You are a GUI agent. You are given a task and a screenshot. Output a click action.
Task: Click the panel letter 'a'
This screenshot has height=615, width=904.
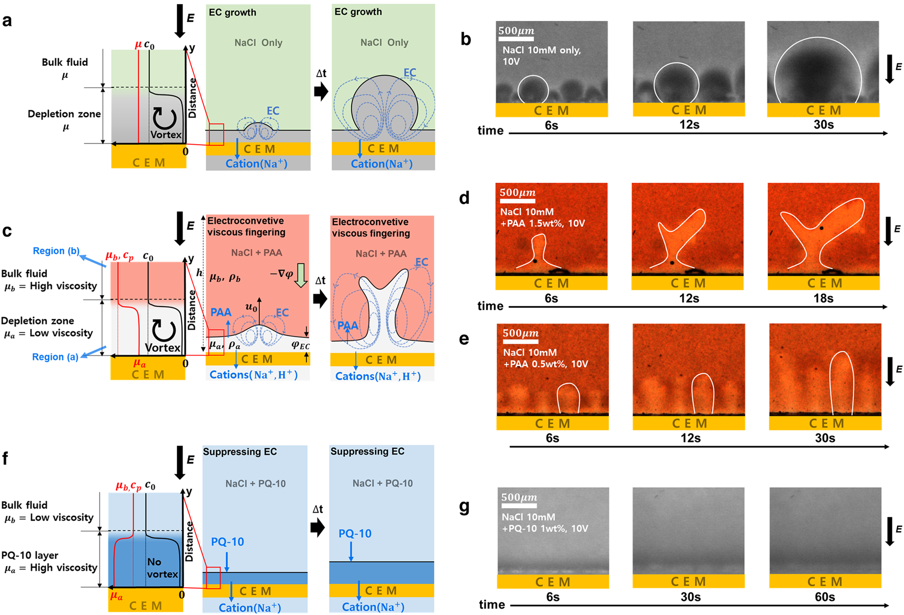click(x=7, y=21)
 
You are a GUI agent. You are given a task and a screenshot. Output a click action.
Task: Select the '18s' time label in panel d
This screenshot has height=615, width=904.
click(x=823, y=298)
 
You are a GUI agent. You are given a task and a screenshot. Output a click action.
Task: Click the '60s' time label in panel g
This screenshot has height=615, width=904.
click(x=824, y=597)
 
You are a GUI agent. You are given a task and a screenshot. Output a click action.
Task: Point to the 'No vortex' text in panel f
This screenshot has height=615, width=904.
click(x=162, y=568)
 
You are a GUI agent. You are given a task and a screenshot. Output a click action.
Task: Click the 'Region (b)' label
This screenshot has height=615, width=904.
click(x=56, y=251)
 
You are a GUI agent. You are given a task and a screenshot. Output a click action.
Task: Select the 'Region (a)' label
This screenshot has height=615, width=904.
click(x=55, y=357)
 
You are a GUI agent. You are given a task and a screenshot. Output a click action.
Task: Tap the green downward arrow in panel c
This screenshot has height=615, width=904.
click(x=301, y=274)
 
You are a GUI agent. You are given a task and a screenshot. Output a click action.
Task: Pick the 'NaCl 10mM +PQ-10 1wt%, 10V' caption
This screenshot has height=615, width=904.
click(x=545, y=523)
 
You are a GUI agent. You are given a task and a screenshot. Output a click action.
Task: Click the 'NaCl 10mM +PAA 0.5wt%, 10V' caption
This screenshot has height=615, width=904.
click(x=546, y=358)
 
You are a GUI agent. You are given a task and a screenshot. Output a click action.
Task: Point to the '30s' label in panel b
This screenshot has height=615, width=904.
click(x=824, y=125)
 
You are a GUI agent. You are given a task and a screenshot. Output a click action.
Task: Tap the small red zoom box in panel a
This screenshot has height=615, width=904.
click(x=216, y=134)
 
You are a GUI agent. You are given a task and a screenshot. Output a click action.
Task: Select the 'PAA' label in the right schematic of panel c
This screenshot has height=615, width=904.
click(x=348, y=326)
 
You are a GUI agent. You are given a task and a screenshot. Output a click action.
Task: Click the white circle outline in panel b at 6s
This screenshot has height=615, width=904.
click(x=533, y=90)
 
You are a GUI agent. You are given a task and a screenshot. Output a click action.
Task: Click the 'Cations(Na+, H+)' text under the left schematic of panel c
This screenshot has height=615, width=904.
click(x=254, y=375)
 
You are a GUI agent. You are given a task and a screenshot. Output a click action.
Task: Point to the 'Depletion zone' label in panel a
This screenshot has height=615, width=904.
click(x=64, y=114)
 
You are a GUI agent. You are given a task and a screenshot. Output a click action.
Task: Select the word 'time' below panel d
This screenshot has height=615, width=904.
click(x=490, y=306)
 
